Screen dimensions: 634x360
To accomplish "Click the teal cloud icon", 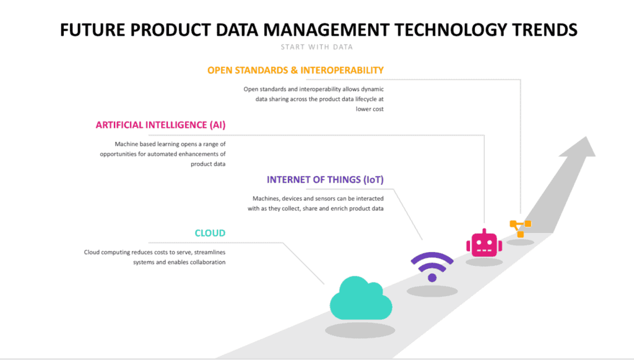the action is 361,299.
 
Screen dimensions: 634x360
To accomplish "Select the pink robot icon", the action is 484,243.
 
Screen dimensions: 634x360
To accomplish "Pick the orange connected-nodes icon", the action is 520,228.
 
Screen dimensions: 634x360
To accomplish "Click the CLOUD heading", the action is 210,233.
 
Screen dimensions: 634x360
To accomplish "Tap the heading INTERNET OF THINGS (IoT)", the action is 325,180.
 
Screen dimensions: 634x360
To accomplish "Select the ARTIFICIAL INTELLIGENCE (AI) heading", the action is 160,125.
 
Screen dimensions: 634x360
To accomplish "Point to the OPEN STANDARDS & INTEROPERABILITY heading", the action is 295,71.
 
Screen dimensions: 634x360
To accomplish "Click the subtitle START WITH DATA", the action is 316,47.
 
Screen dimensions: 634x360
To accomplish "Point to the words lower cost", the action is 370,109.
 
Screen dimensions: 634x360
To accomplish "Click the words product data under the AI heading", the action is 208,164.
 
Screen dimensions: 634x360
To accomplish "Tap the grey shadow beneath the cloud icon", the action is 360,330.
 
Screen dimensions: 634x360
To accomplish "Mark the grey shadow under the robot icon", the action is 484,261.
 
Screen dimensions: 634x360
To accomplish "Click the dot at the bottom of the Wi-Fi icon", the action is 432,278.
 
